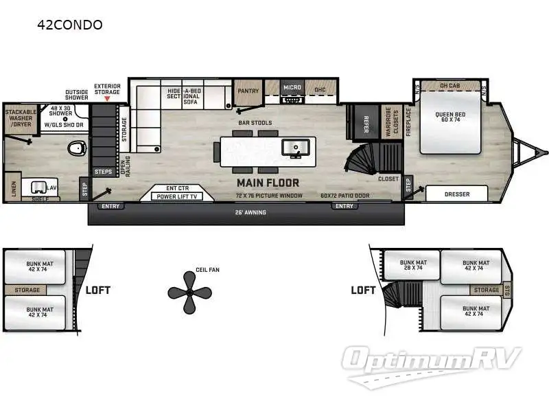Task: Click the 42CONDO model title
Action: point(71,25)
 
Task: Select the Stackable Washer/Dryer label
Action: point(21,118)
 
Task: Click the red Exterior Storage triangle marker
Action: point(106,99)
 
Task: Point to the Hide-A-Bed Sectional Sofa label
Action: point(183,97)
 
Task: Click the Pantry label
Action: point(247,91)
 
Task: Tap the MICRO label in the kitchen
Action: point(292,88)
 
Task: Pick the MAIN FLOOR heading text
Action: point(268,183)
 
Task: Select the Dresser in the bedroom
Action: point(457,194)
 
